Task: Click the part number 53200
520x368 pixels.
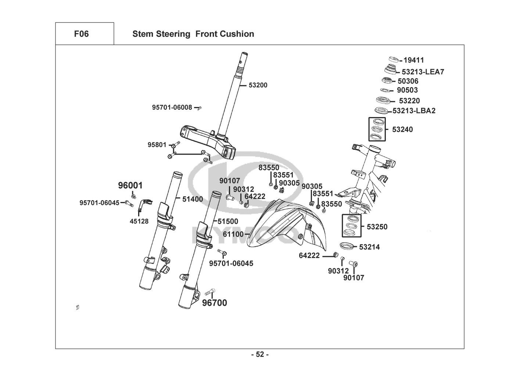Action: pos(258,85)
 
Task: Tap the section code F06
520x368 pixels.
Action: pos(81,34)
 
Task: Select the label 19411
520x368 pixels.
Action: pos(414,60)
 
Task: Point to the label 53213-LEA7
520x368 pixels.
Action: pos(423,72)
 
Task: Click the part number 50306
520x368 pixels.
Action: pos(408,81)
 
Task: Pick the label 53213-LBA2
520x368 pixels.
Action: pos(414,110)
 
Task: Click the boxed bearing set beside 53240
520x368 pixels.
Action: pos(378,129)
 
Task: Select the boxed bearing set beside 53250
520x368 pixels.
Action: pos(351,226)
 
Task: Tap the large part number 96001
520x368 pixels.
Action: pos(130,185)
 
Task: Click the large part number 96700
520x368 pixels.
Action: pos(215,303)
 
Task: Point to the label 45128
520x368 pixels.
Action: pos(139,221)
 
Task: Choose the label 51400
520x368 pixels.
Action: pos(193,199)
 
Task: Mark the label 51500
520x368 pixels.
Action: pos(228,221)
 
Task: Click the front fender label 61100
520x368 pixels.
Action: pos(233,234)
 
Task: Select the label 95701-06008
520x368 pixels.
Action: pos(172,107)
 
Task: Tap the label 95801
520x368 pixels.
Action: pos(157,145)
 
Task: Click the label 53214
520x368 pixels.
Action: pos(369,247)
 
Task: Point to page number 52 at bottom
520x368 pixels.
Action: pos(260,354)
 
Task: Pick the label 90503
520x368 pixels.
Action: pos(407,90)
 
